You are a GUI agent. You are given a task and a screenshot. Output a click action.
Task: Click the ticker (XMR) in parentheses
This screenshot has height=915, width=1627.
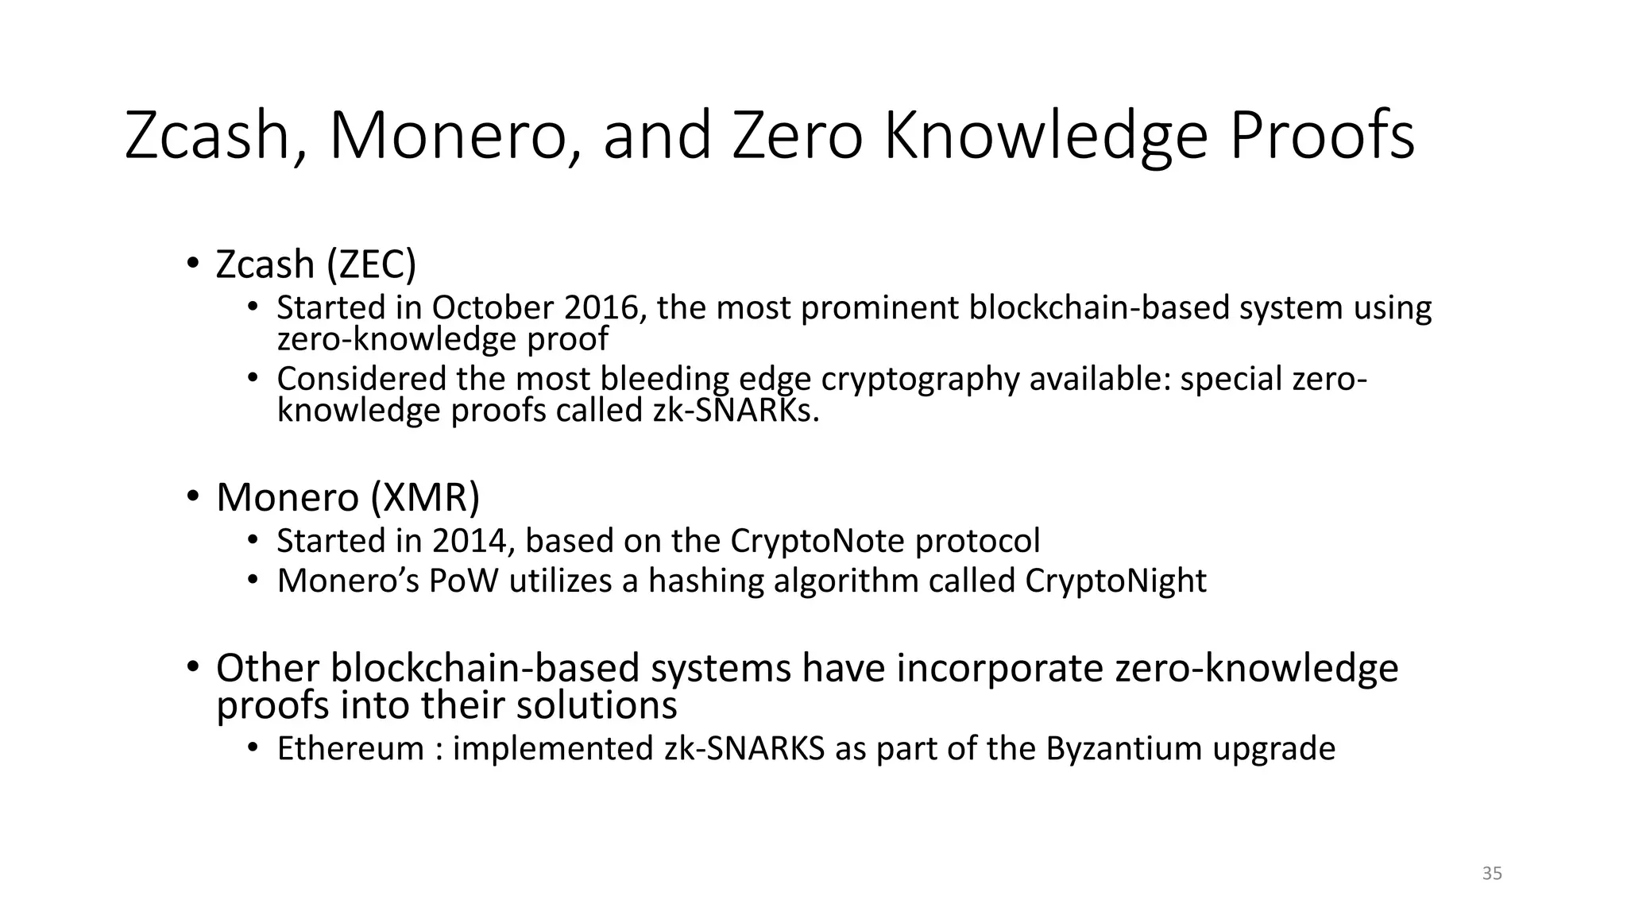tap(425, 498)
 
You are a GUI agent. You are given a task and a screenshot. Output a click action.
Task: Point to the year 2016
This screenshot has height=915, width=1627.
tap(603, 308)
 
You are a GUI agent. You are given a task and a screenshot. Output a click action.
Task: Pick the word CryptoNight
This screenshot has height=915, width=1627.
tap(1115, 581)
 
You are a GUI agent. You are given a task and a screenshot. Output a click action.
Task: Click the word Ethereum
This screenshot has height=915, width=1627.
tap(350, 749)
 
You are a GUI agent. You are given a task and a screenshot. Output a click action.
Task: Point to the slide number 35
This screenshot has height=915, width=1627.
tap(1492, 874)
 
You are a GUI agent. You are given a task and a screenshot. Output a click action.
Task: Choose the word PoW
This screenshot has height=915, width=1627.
tap(464, 581)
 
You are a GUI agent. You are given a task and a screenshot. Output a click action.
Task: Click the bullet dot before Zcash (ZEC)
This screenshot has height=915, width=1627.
tap(192, 263)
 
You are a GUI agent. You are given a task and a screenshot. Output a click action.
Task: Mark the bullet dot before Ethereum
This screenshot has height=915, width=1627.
tap(253, 748)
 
